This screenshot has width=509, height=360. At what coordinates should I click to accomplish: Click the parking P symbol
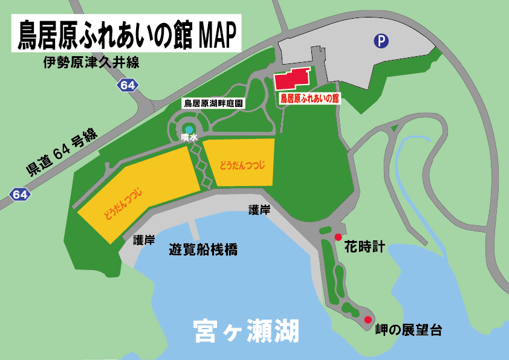point(381,41)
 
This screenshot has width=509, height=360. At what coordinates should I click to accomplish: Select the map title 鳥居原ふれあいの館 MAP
point(126,34)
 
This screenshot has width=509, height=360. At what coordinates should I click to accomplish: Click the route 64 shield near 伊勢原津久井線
point(128,86)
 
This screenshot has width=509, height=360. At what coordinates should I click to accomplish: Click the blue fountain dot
point(189,130)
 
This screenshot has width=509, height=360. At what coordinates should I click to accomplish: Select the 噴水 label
point(189,138)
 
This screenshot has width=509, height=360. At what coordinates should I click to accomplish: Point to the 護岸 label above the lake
point(259,210)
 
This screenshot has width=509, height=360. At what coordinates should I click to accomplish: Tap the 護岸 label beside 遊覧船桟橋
point(144,240)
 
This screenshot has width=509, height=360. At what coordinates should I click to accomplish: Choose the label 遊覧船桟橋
point(203,249)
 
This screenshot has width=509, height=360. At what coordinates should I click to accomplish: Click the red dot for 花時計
point(338,237)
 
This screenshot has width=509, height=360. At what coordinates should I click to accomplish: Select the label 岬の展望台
point(409,330)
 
